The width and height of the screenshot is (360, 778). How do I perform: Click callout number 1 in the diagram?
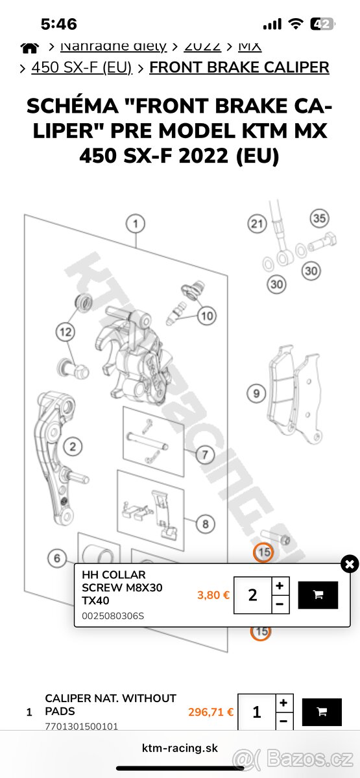coord(135,224)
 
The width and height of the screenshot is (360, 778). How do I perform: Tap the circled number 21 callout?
coord(258,224)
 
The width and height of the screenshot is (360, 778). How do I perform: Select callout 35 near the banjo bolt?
coord(319,218)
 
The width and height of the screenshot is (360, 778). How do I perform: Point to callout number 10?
coord(206,316)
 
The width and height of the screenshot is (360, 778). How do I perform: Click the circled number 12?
coord(65,333)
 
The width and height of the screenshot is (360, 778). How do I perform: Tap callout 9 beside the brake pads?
coord(256,393)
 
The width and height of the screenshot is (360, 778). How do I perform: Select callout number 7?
coord(204,454)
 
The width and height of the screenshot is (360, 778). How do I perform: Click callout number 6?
coord(57,558)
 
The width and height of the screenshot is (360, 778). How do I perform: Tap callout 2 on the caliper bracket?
coord(73,446)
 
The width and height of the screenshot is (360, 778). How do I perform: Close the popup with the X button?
coord(350,564)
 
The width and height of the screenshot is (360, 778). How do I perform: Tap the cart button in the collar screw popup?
coord(318,595)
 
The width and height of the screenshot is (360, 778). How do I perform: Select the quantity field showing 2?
coord(252,595)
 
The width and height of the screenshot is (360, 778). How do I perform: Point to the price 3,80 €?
coord(213,595)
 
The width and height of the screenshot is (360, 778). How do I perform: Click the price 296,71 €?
coord(211,712)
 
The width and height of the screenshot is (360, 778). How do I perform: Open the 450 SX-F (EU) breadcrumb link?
coord(81,67)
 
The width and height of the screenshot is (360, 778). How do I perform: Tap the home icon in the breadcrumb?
coord(29,47)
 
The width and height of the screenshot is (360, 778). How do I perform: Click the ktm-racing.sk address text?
coord(180,748)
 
